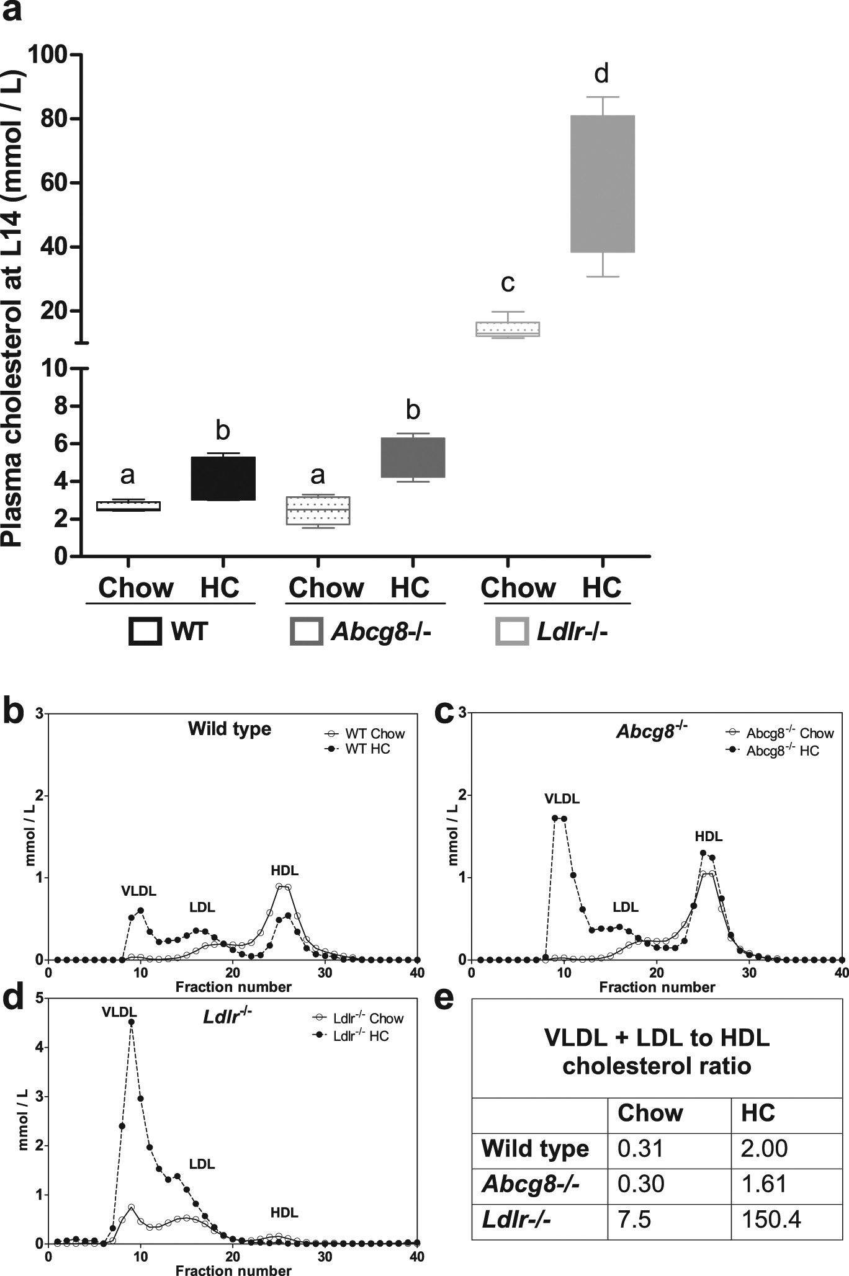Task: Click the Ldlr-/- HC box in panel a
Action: pyautogui.click(x=602, y=184)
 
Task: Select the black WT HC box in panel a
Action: pyautogui.click(x=223, y=478)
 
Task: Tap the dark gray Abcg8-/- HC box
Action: pyautogui.click(x=413, y=457)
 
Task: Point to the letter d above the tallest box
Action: pyautogui.click(x=601, y=74)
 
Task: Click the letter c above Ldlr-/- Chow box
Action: pyautogui.click(x=508, y=283)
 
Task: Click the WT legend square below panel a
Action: pyautogui.click(x=145, y=632)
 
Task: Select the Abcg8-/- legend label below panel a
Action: pyautogui.click(x=381, y=632)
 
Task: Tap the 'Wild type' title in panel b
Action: pyautogui.click(x=230, y=728)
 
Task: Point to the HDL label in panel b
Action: pyautogui.click(x=284, y=870)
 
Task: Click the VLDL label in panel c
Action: pyautogui.click(x=562, y=798)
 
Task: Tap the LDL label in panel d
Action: pyautogui.click(x=202, y=1164)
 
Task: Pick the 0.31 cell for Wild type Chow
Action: pyautogui.click(x=640, y=1148)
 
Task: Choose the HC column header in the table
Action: pyautogui.click(x=758, y=1113)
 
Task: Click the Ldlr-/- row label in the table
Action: pyautogui.click(x=516, y=1220)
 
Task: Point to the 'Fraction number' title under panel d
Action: pyautogui.click(x=233, y=1270)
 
